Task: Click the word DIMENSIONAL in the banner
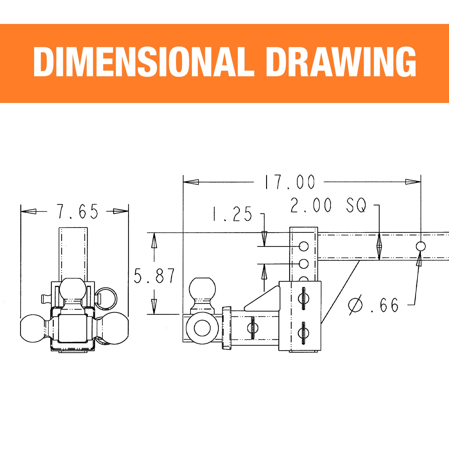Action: coord(144,62)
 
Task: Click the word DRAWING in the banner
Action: coord(341,62)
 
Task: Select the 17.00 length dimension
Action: coord(289,182)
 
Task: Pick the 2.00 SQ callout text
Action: coord(328,205)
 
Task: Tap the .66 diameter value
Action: coord(385,305)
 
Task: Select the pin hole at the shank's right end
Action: coord(421,246)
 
